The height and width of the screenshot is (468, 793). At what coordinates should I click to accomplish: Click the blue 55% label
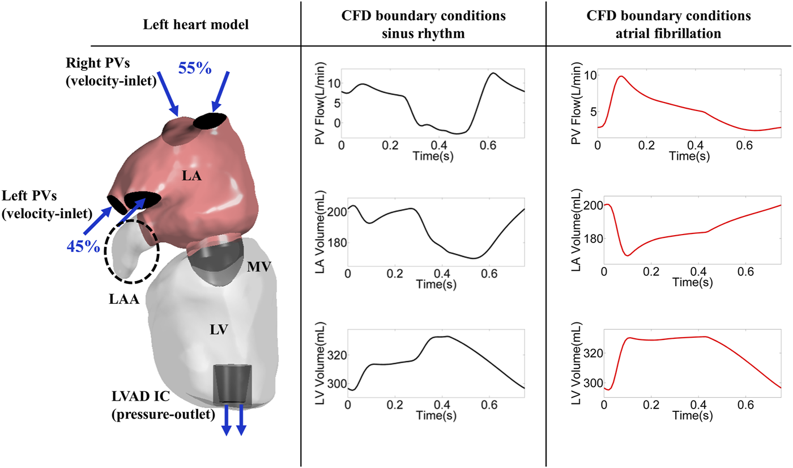pos(195,68)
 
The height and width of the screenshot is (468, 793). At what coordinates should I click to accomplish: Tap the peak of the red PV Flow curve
pos(622,76)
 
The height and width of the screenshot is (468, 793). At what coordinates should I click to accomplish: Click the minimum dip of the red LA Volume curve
pos(628,256)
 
